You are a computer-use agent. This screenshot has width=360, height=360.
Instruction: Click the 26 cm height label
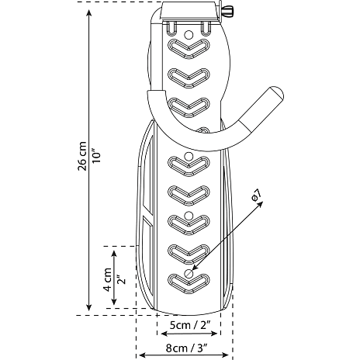pyautogui.click(x=81, y=156)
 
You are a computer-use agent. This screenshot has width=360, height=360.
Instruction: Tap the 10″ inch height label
pyautogui.click(x=96, y=155)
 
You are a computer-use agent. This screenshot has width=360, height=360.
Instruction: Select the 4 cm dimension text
pyautogui.click(x=108, y=280)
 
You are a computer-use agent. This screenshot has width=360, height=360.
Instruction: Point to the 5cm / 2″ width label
pyautogui.click(x=189, y=325)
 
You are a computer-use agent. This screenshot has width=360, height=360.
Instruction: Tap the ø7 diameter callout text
pyautogui.click(x=256, y=195)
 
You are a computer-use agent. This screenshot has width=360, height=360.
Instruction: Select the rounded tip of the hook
pyautogui.click(x=276, y=93)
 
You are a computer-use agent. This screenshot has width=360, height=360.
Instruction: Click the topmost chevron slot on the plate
pyautogui.click(x=189, y=49)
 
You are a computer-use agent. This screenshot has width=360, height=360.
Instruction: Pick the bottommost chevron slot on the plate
pyautogui.click(x=189, y=284)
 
